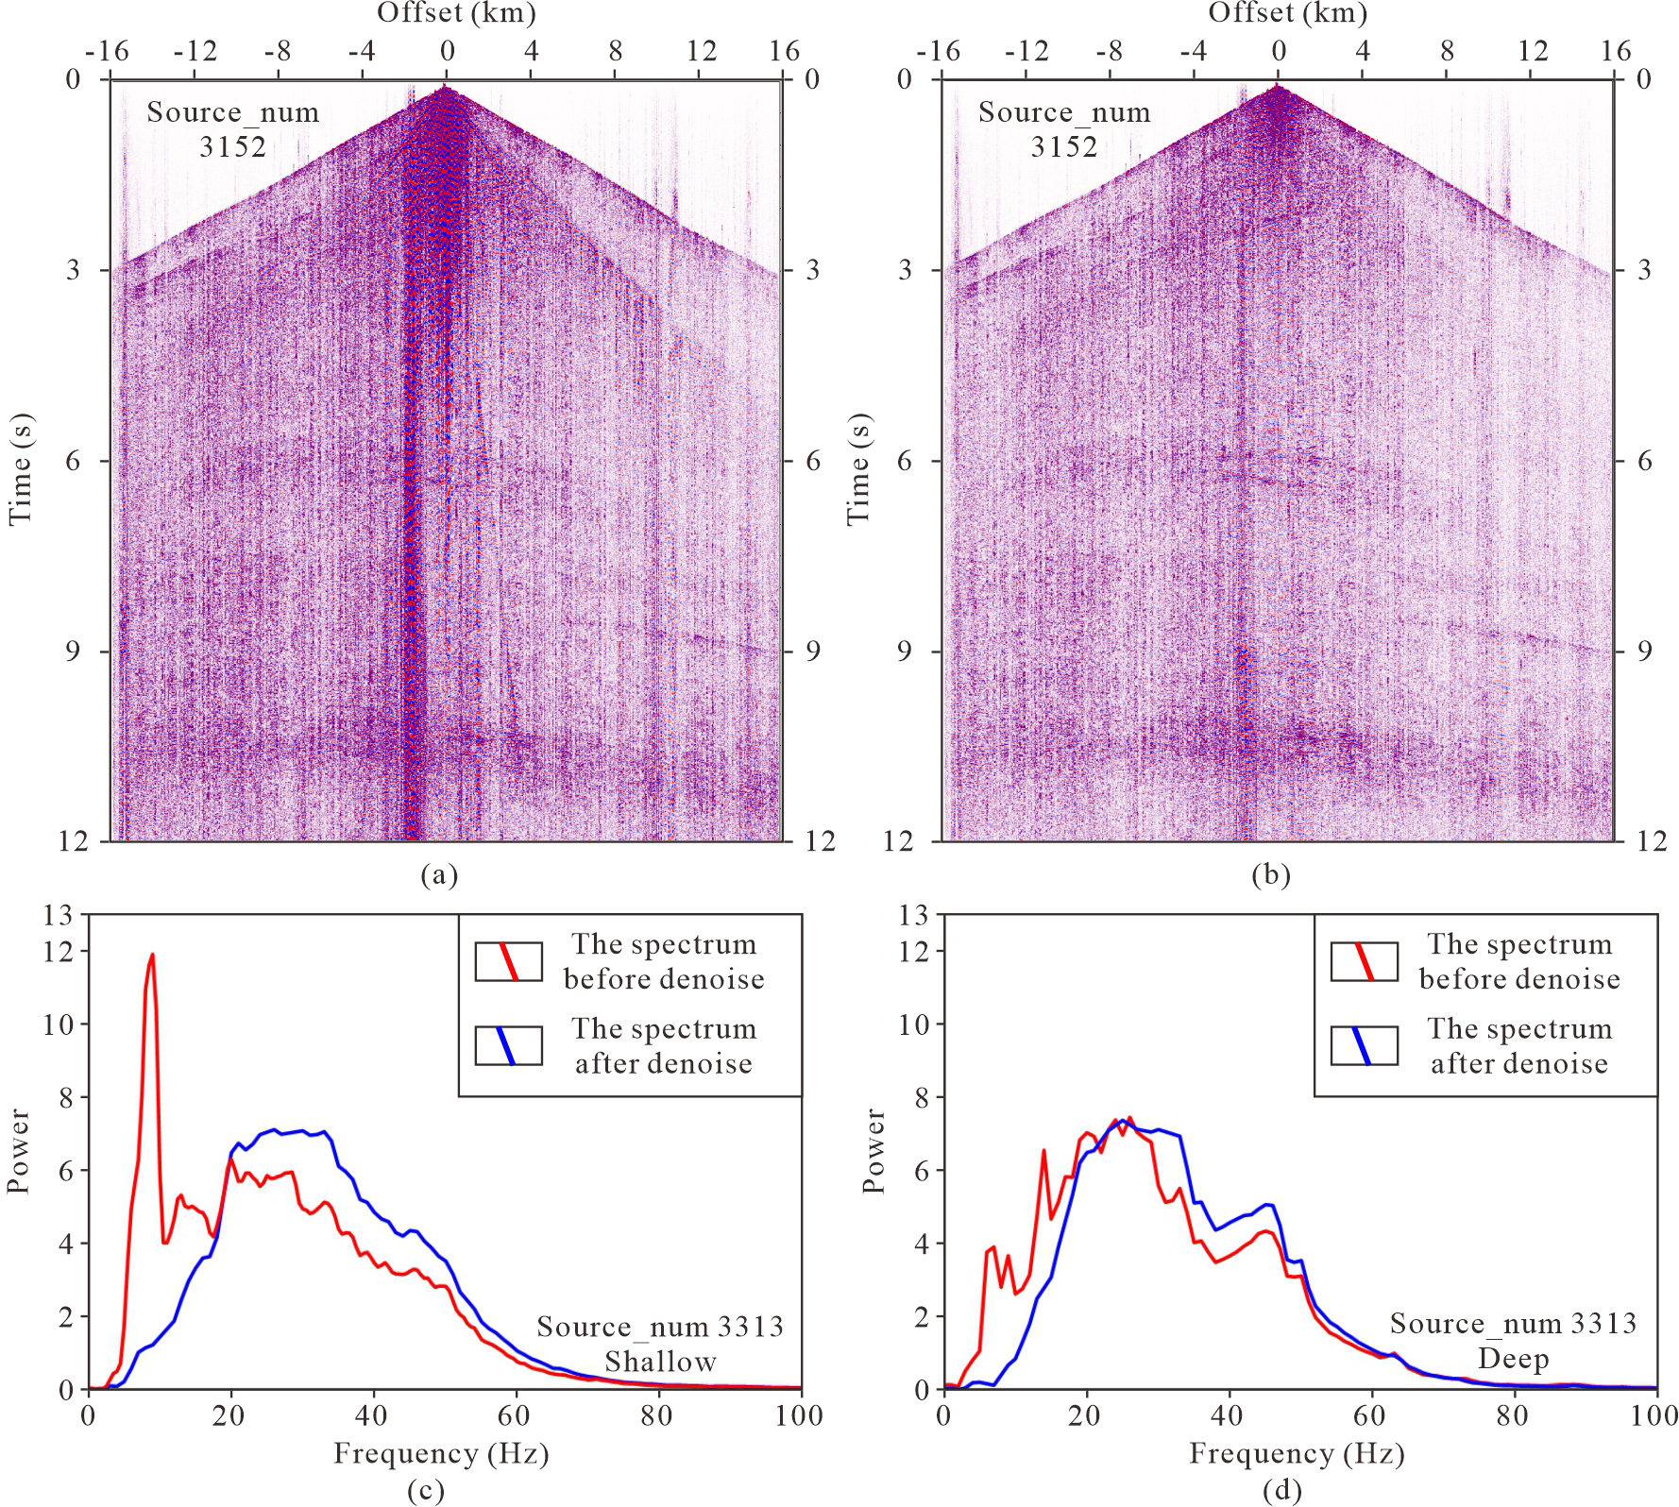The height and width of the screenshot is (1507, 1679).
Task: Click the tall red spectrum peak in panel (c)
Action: tap(151, 956)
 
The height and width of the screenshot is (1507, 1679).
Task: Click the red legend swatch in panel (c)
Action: tap(508, 961)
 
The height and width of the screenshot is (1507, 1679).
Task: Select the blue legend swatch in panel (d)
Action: tap(1364, 1045)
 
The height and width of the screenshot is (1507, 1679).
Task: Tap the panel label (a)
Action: tap(439, 875)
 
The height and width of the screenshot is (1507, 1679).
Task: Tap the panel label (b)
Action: tap(1270, 875)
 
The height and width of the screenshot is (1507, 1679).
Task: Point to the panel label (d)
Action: tap(1282, 1491)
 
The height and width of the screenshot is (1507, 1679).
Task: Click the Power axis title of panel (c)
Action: tap(19, 1152)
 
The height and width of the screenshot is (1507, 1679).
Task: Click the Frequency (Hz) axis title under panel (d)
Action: tap(1297, 1453)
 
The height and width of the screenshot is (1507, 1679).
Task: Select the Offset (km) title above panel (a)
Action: tap(456, 13)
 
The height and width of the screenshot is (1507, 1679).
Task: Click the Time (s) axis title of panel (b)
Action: tap(857, 469)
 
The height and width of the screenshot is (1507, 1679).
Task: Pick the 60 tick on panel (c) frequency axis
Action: tap(516, 1416)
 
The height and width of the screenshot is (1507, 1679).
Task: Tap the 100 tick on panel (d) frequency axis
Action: tap(1655, 1416)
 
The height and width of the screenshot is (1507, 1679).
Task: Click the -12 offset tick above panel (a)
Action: tap(195, 51)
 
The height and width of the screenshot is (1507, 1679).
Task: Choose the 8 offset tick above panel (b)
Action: tap(1447, 51)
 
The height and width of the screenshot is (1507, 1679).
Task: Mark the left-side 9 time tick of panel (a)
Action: tap(74, 652)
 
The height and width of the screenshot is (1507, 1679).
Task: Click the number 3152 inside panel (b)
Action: tap(1064, 146)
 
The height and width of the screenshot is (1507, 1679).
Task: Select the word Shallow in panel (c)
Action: tap(660, 1362)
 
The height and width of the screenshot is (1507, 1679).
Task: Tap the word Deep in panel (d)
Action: tap(1513, 1359)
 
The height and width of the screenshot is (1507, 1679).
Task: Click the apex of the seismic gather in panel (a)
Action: tap(446, 88)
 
